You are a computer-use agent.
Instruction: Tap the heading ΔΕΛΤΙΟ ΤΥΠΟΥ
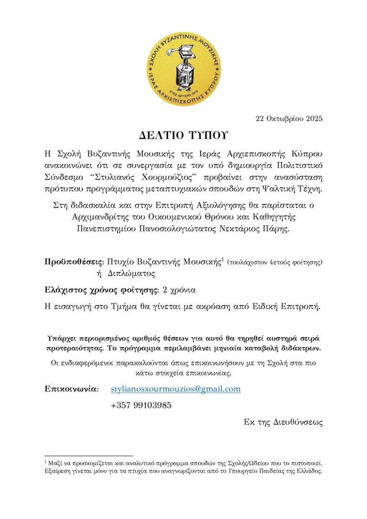183,135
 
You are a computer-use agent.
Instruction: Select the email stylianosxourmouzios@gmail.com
175,389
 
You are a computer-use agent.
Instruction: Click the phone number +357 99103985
141,406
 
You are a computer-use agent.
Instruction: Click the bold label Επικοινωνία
72,389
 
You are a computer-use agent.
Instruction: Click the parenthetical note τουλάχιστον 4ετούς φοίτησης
275,262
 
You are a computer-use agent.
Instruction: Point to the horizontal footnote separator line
88,456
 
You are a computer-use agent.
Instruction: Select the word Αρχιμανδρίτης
98,217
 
